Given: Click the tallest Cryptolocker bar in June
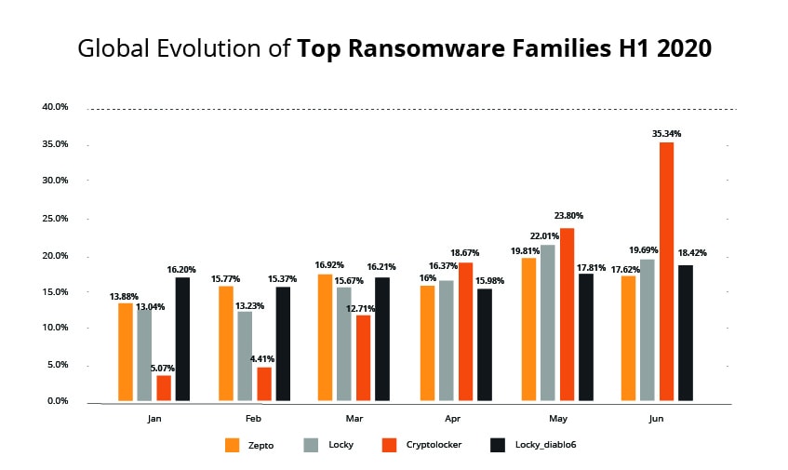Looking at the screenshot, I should pos(666,272).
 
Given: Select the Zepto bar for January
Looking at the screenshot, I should pos(125,352).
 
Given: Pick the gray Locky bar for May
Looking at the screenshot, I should pos(548,322).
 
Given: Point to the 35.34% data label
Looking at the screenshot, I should pos(666,133).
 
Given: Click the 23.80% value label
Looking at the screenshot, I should pos(567,218).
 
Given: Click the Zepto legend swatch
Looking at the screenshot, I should pos(234,445).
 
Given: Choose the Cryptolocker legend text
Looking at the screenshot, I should pos(434,445).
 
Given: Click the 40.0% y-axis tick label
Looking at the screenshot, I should pos(55,107).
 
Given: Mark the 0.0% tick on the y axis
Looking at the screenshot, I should pos(57,401).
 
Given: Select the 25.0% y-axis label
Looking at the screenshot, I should pos(55,218).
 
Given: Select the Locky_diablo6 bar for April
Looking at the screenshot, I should pos(485,344).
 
